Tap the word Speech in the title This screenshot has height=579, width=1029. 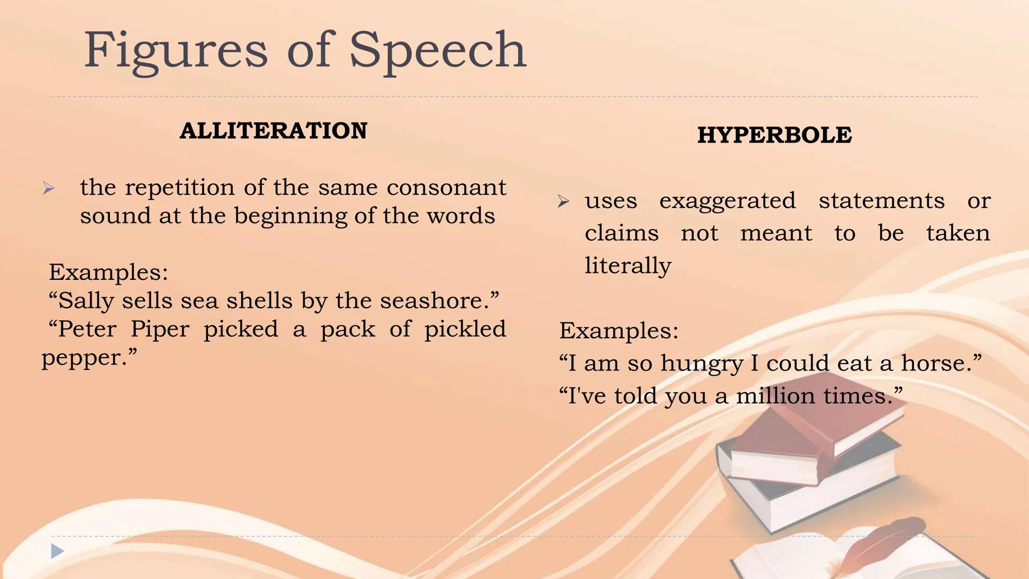[x=437, y=51]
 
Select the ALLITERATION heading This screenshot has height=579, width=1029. [x=273, y=131]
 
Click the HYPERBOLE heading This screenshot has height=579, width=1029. [x=774, y=135]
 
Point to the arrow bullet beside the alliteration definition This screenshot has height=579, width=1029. [x=49, y=189]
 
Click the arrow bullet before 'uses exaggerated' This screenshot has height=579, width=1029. [x=563, y=202]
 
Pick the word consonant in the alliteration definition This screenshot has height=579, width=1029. [x=446, y=188]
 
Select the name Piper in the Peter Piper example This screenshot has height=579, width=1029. [x=160, y=329]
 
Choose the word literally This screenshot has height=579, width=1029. [x=628, y=266]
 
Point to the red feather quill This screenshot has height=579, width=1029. [x=884, y=541]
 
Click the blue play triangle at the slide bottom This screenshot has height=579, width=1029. [x=57, y=551]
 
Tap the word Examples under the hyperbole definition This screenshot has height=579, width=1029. [x=618, y=331]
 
